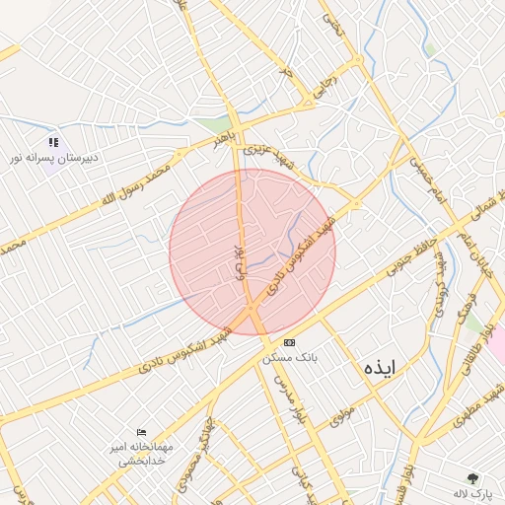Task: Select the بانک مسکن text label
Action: click(x=287, y=359)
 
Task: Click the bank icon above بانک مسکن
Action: click(x=287, y=342)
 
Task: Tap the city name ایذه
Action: click(x=379, y=368)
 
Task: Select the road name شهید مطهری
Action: click(x=476, y=412)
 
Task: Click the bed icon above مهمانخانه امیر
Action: click(x=143, y=432)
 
